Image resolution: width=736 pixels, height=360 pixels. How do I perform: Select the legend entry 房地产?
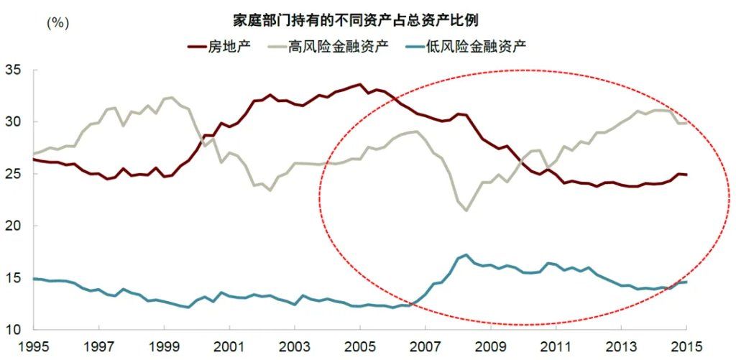(x=231, y=47)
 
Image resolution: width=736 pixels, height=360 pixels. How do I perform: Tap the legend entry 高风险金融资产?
(x=339, y=47)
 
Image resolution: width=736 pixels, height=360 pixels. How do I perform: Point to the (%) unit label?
(x=57, y=22)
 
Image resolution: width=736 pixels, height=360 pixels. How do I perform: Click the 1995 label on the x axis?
(x=34, y=346)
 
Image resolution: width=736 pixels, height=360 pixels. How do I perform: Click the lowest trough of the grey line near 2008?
(x=466, y=210)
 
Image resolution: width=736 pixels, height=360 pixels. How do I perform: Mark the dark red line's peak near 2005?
(x=360, y=85)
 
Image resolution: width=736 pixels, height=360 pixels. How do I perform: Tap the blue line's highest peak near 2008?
(x=466, y=255)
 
